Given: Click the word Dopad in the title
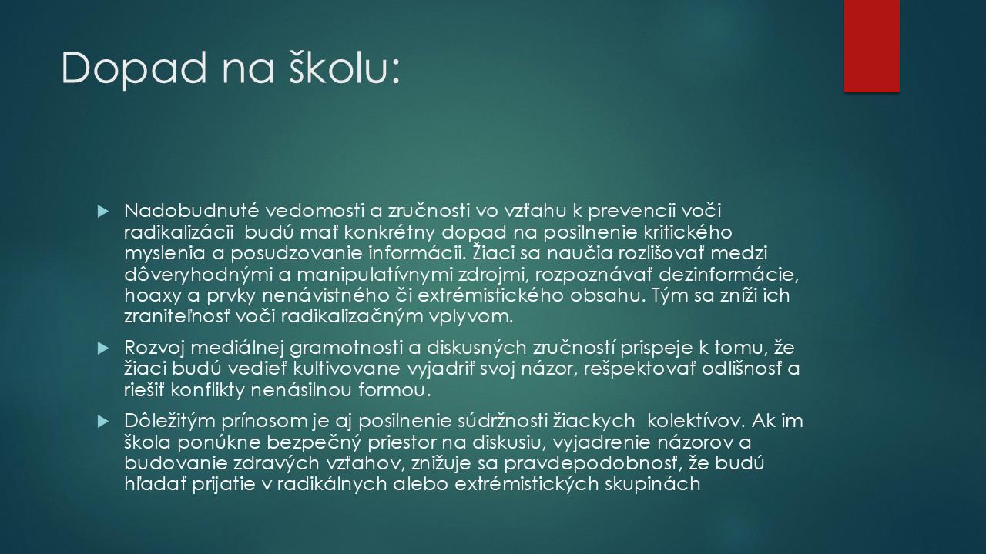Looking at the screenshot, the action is (x=134, y=68).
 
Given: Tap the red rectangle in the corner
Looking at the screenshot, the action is (x=871, y=46).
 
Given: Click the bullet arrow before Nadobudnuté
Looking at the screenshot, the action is (x=103, y=212).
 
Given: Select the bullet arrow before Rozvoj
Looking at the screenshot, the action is (x=103, y=349).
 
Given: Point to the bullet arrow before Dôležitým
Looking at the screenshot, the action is (x=103, y=422).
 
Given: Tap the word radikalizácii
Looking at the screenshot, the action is (x=179, y=232).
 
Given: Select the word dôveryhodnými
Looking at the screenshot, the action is (x=198, y=275).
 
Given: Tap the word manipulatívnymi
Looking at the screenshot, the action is (x=375, y=275).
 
